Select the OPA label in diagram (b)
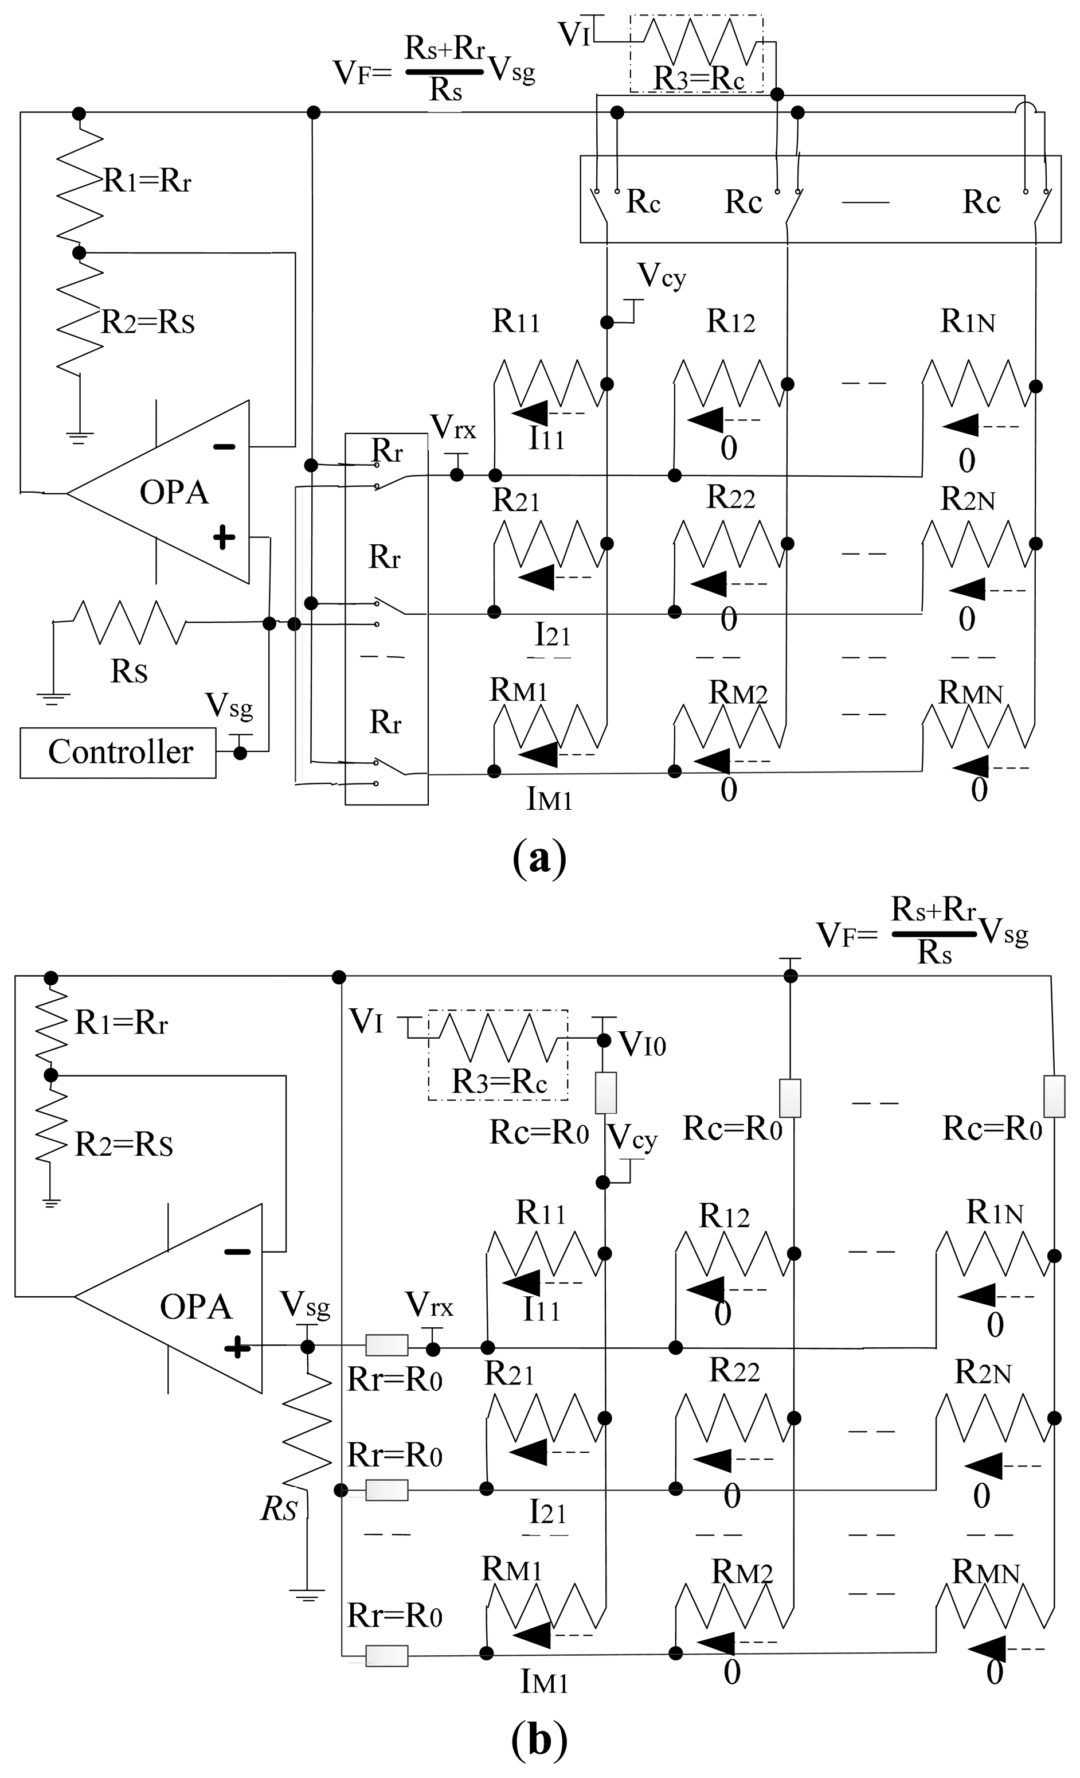(195, 1307)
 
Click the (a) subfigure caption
(539, 858)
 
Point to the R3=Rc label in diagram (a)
(698, 78)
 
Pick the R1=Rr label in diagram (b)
(121, 1023)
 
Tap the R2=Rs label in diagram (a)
(147, 322)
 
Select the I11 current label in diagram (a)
(546, 438)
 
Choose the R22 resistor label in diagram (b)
(734, 1370)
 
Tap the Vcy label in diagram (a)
(662, 276)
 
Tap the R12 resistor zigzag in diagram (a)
(729, 383)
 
